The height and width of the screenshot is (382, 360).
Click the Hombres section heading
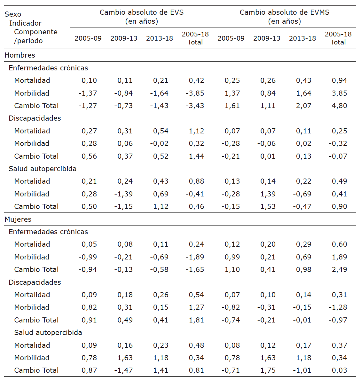pos(20,55)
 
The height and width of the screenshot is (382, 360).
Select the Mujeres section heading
pos(18,219)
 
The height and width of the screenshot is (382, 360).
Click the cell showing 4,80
pos(339,106)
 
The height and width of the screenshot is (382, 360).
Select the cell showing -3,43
pos(195,106)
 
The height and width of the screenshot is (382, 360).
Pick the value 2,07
pos(303,106)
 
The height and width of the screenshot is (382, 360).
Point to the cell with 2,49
pos(339,269)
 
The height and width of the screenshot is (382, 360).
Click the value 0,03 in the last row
pos(339,370)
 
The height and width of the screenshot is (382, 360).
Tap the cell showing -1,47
pos(123,370)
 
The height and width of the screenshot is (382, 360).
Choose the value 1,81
pos(196,320)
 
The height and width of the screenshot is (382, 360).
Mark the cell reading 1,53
pos(268,206)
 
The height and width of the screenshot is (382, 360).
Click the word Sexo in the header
pos(13,14)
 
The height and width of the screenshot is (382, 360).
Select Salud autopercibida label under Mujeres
pos(48,332)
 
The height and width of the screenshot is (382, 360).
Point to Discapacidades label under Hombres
pos(35,118)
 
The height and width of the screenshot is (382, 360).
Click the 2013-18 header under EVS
pos(160,38)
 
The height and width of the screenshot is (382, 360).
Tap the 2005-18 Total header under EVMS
pos(338,38)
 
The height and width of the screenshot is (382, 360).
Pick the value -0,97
pos(338,320)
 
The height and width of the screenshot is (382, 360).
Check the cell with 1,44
pos(196,156)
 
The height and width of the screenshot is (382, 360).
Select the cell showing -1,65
pos(195,269)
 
